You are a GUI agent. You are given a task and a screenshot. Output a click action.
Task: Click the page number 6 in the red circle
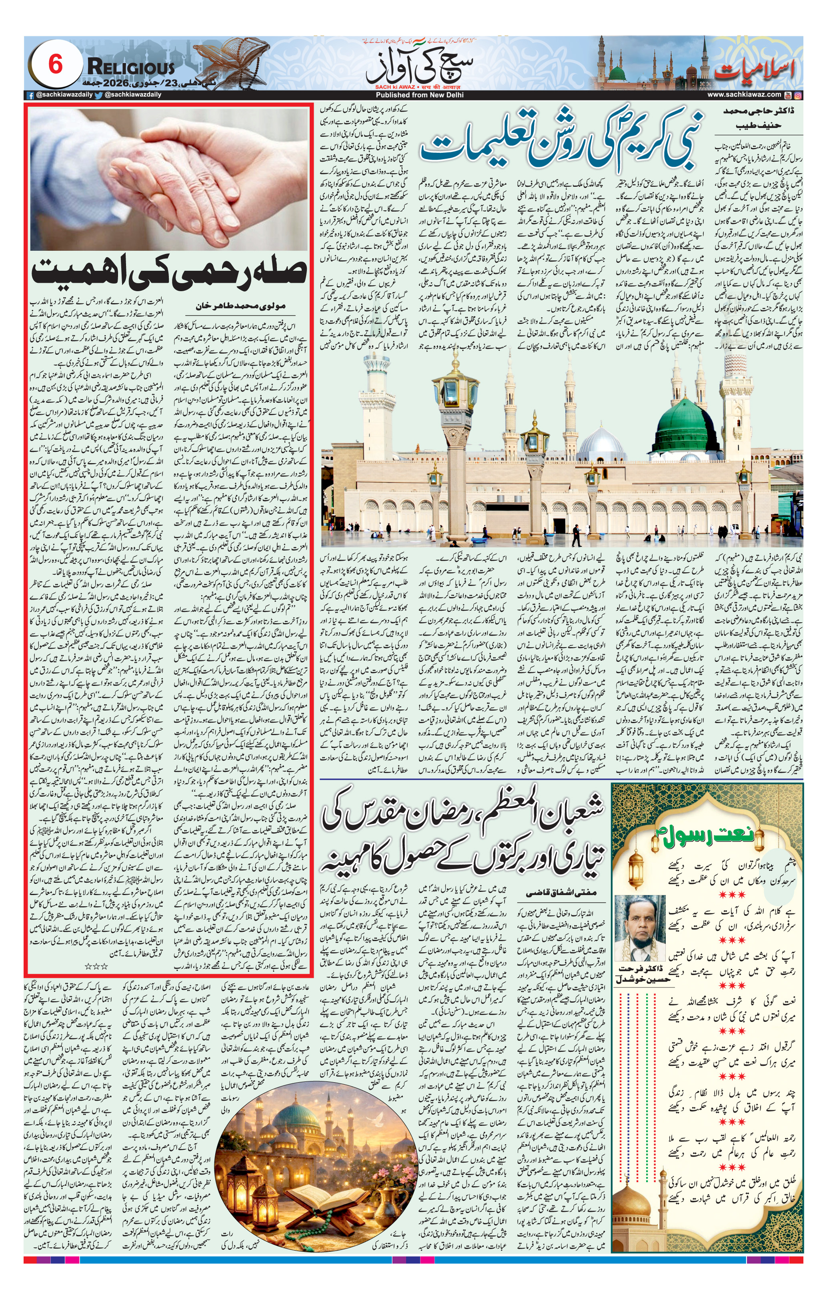click(x=56, y=65)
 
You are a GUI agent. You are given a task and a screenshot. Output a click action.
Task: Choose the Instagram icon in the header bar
click(x=798, y=95)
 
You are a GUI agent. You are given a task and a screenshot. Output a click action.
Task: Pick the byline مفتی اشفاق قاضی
click(x=561, y=892)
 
